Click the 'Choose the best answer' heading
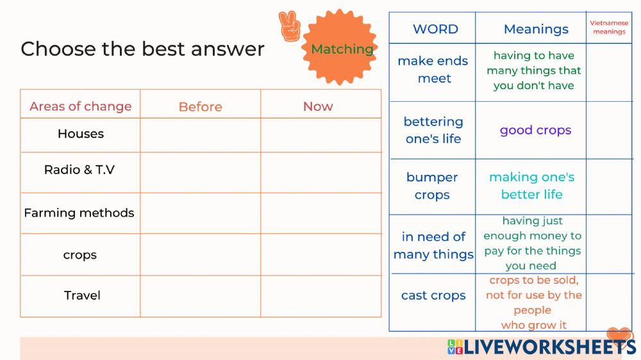click(x=142, y=49)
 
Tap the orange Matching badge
click(x=339, y=47)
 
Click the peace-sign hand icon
click(x=290, y=26)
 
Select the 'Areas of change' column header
click(x=81, y=106)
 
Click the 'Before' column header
click(x=200, y=106)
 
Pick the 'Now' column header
click(x=318, y=106)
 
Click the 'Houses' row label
click(x=81, y=134)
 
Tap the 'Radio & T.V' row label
click(x=79, y=170)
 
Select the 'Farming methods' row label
click(x=79, y=213)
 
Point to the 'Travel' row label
click(x=82, y=295)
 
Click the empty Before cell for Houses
click(x=200, y=135)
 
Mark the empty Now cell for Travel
click(x=321, y=296)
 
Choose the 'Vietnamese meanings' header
click(x=609, y=28)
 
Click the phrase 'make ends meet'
click(x=433, y=69)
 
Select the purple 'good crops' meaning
click(x=535, y=130)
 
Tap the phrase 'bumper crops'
click(x=432, y=186)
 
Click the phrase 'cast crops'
click(x=433, y=295)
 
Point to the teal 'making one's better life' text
click(x=532, y=186)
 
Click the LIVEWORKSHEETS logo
click(x=541, y=346)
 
